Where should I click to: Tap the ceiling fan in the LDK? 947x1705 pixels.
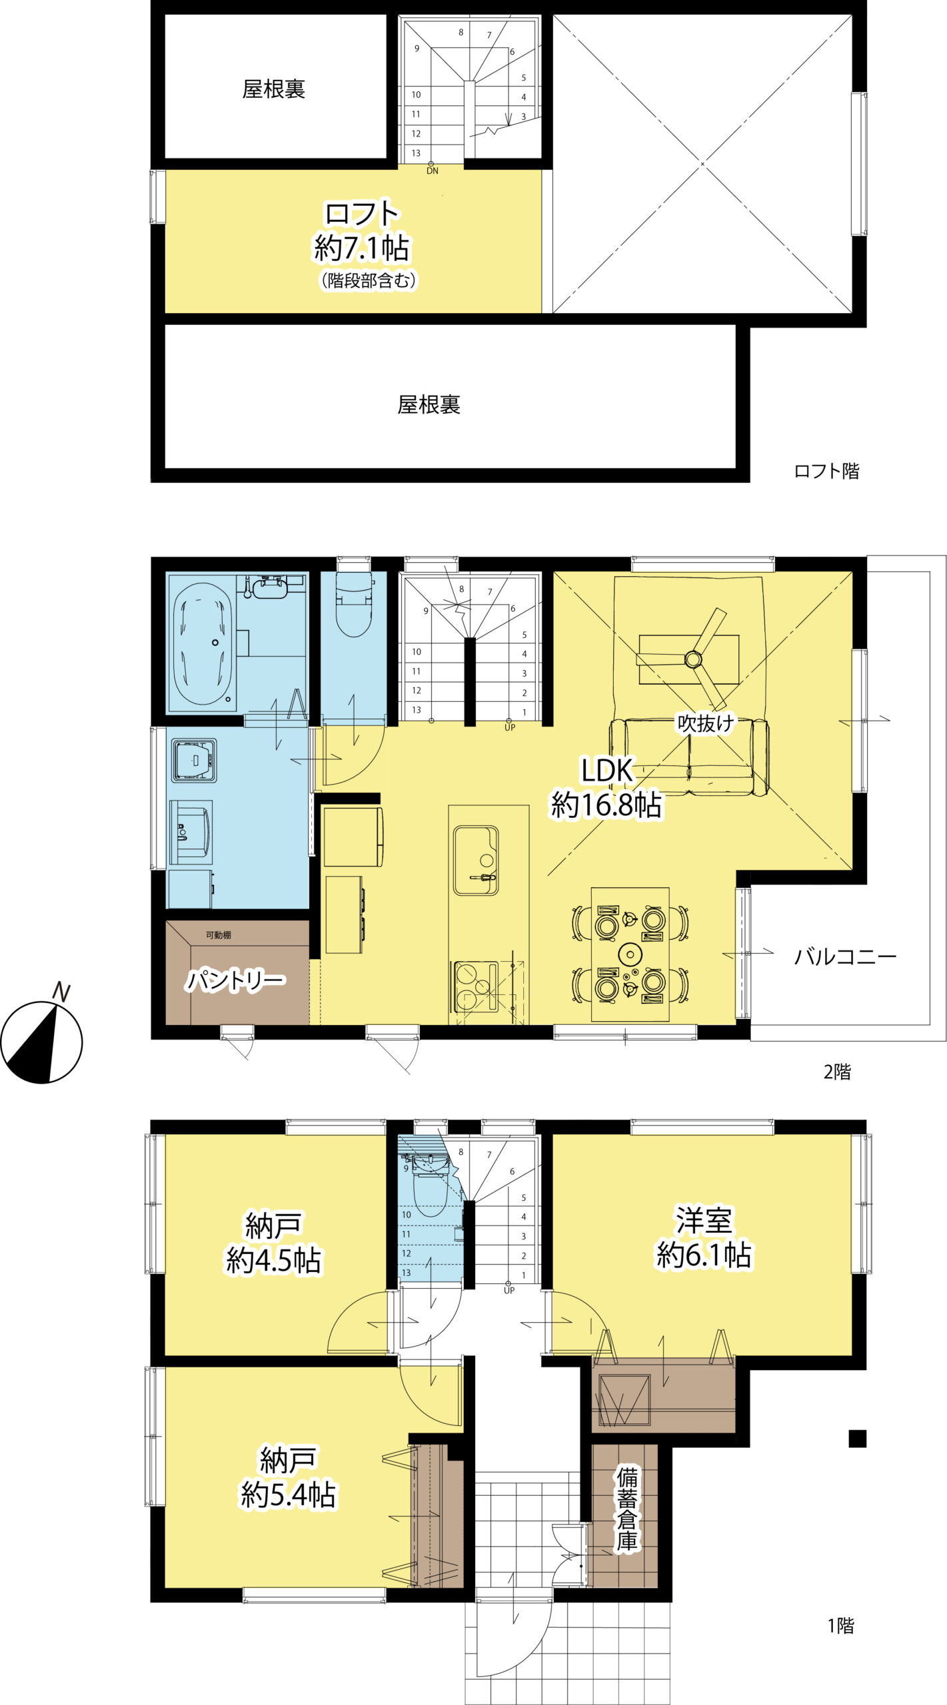click(693, 659)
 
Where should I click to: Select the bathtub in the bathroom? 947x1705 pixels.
click(203, 644)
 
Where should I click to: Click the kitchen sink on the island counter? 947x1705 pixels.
click(476, 860)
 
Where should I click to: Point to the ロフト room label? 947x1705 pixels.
click(362, 214)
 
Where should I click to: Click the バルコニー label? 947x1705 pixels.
click(845, 957)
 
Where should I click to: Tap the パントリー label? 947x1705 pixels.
click(235, 981)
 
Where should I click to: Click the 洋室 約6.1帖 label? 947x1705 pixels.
click(704, 1238)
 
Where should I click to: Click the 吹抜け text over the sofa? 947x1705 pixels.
click(706, 723)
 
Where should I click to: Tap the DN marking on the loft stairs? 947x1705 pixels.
click(433, 171)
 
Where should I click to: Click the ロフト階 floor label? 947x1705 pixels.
click(826, 471)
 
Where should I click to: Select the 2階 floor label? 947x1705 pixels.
click(837, 1072)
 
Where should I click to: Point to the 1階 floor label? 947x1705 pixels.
click(840, 1626)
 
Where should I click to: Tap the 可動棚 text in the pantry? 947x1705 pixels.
click(218, 935)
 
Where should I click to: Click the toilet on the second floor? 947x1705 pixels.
click(353, 605)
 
